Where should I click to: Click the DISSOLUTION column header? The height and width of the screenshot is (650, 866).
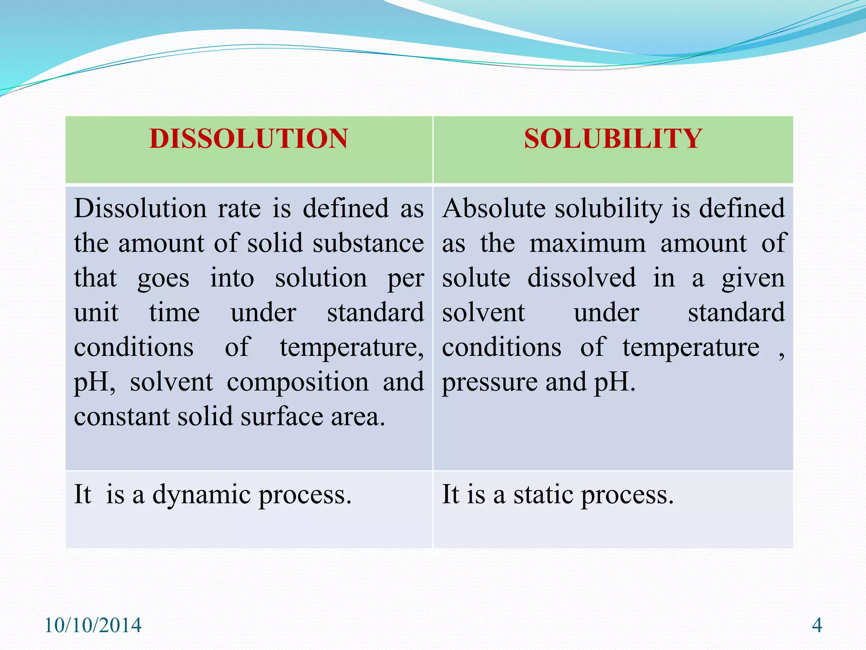click(x=249, y=139)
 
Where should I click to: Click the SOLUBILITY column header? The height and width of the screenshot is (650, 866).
click(x=613, y=139)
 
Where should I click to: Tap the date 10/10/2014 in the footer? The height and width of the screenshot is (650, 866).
click(x=93, y=625)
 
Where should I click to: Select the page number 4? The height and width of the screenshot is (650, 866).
click(x=817, y=625)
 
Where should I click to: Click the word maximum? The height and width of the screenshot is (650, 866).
click(x=588, y=243)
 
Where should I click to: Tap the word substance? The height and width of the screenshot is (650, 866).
click(x=368, y=243)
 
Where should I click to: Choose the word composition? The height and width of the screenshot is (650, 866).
click(x=298, y=383)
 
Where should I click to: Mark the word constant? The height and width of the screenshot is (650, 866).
click(x=121, y=417)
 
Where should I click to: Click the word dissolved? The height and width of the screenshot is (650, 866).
click(x=581, y=278)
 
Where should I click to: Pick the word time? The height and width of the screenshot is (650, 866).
click(x=174, y=313)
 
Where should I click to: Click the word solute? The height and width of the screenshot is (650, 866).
click(x=476, y=278)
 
